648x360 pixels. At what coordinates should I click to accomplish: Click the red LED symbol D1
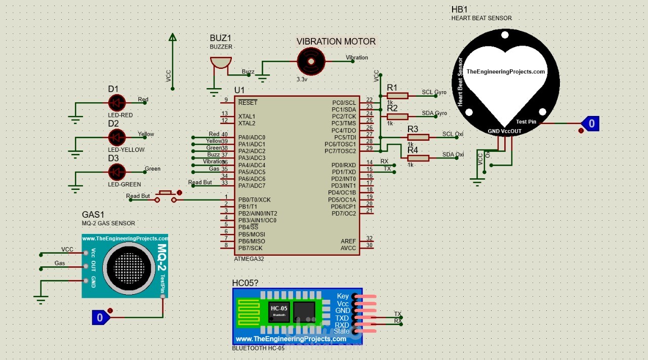117,103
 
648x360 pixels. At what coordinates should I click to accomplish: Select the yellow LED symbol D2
117,137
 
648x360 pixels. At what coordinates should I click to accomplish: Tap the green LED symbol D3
117,172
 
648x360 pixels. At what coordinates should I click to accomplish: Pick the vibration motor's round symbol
310,61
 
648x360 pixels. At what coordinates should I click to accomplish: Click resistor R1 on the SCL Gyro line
397,96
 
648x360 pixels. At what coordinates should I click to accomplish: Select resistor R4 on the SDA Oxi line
418,158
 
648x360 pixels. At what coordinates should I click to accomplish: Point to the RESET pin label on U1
248,103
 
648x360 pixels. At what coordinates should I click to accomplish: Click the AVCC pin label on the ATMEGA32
348,248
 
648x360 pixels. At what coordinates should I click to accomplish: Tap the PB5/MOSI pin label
252,234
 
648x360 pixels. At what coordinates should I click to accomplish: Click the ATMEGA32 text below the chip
249,259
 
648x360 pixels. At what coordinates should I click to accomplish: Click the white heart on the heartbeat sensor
505,76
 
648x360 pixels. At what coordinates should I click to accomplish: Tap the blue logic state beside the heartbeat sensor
590,123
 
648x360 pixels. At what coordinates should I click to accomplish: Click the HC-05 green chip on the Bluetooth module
279,311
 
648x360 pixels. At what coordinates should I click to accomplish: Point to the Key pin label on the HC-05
343,296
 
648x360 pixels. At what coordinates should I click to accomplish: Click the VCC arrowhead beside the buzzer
172,37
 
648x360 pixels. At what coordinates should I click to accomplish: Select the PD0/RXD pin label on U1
344,165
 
